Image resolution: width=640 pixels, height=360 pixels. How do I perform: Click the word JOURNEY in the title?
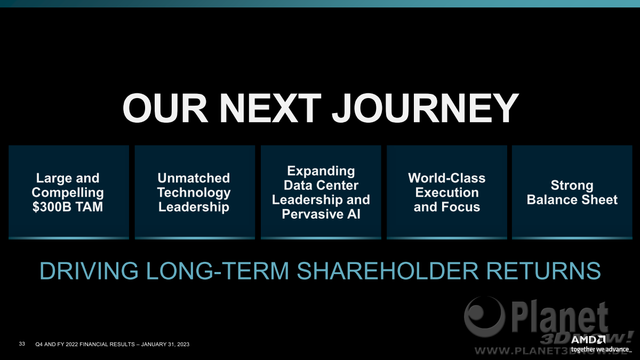426,108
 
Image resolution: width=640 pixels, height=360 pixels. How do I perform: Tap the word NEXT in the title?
270,108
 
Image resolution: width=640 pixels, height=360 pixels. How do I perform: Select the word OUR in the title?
165,108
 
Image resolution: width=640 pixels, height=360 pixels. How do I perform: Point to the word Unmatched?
194,178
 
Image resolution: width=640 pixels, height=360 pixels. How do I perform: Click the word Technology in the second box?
194,193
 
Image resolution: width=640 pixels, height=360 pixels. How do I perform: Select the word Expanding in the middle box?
321,171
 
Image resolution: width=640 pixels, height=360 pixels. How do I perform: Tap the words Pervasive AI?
321,214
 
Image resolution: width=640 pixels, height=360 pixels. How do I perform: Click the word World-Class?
446,178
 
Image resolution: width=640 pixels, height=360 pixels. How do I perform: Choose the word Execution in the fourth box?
447,193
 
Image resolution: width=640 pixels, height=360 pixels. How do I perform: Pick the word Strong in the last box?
572,186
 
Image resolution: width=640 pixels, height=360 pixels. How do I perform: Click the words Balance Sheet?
572,199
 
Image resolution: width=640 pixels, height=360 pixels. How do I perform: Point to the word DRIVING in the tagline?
89,270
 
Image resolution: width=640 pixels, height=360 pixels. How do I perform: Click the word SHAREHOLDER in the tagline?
388,270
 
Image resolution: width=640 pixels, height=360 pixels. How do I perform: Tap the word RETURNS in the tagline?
543,270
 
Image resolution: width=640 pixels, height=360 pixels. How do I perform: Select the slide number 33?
22,343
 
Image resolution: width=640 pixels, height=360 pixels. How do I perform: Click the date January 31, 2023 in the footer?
165,345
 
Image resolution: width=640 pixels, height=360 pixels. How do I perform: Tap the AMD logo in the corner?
588,340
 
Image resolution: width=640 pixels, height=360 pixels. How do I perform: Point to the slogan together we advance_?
601,350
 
